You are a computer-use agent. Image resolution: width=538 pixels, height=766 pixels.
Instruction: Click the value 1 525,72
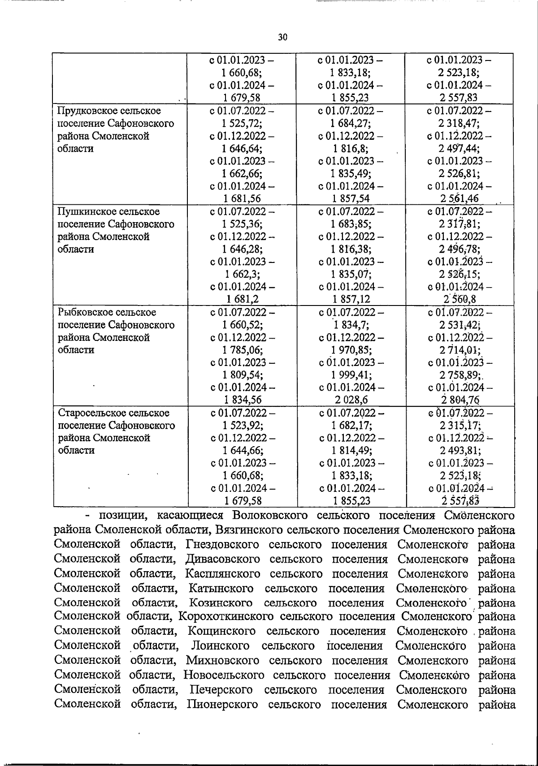coord(242,123)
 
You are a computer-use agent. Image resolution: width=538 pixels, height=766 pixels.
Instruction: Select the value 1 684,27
coord(351,123)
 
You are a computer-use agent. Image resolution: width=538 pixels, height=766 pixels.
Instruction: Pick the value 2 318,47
coord(460,123)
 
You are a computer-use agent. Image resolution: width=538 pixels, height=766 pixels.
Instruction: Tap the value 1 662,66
coord(242,173)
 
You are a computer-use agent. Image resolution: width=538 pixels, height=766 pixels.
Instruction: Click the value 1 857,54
coord(351,198)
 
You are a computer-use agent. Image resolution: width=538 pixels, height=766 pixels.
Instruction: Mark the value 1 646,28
coord(242,249)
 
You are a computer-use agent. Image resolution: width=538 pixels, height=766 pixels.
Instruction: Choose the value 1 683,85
coord(351,224)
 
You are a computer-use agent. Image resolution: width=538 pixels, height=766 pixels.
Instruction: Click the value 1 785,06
coord(242,350)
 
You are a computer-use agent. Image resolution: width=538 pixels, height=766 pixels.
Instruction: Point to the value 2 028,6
coord(351,400)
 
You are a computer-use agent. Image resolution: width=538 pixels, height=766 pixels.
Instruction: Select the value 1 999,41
coord(351,375)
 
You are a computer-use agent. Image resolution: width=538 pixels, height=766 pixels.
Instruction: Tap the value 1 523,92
coord(242,425)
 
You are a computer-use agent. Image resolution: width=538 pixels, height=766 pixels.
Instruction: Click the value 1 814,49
coord(351,450)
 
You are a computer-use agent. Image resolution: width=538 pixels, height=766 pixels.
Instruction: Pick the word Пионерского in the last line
coord(222,704)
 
